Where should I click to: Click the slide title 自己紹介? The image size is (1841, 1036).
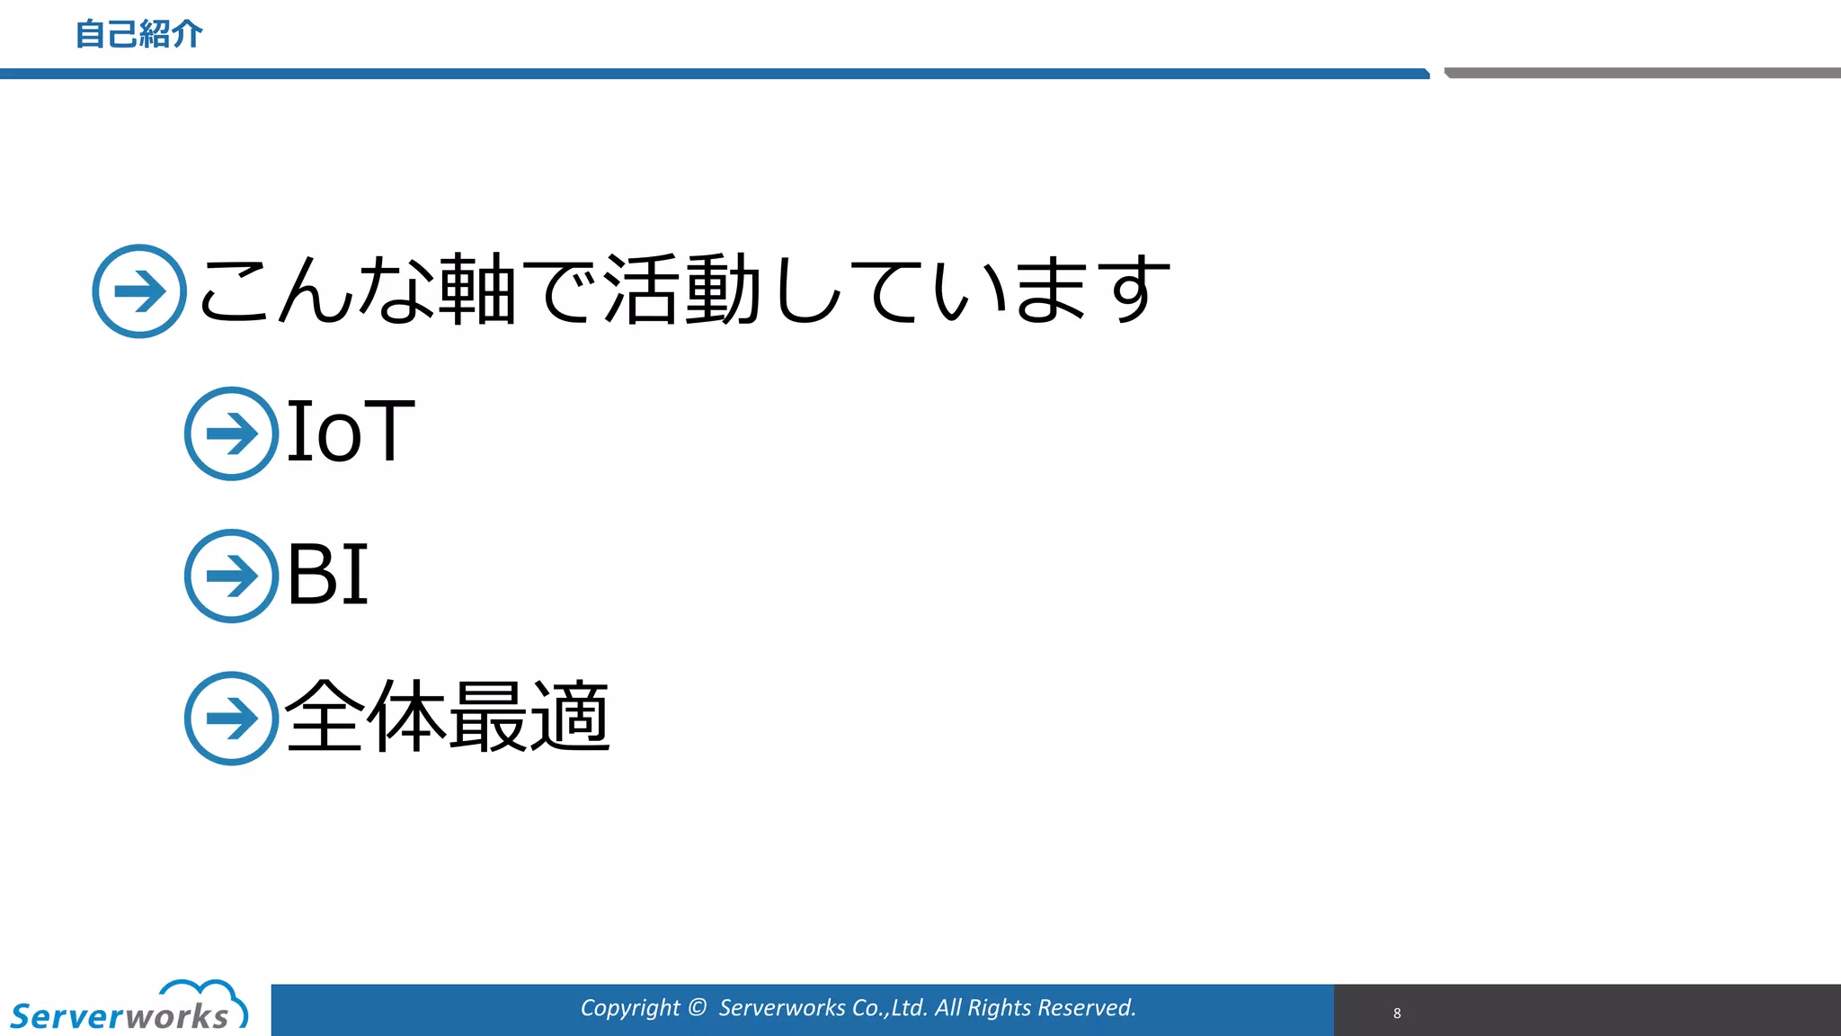click(x=138, y=34)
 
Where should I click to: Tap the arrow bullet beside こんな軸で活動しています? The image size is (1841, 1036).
click(x=139, y=291)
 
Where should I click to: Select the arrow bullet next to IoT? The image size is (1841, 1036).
click(x=231, y=433)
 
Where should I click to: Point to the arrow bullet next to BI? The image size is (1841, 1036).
click(x=231, y=576)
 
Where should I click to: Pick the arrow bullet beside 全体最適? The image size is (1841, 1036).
click(x=231, y=719)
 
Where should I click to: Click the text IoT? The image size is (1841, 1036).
click(x=351, y=432)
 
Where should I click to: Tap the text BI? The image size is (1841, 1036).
click(x=327, y=574)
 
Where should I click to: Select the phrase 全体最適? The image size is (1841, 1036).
click(x=448, y=717)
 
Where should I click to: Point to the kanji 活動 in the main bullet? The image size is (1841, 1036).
click(x=683, y=290)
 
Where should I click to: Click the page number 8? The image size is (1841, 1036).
click(x=1397, y=1013)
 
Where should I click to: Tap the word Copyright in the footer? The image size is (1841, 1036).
click(x=629, y=1008)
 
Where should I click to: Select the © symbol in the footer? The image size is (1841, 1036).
click(x=698, y=1007)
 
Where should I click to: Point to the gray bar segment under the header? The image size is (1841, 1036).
click(x=1641, y=73)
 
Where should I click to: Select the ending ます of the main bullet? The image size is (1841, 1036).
click(x=1092, y=290)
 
